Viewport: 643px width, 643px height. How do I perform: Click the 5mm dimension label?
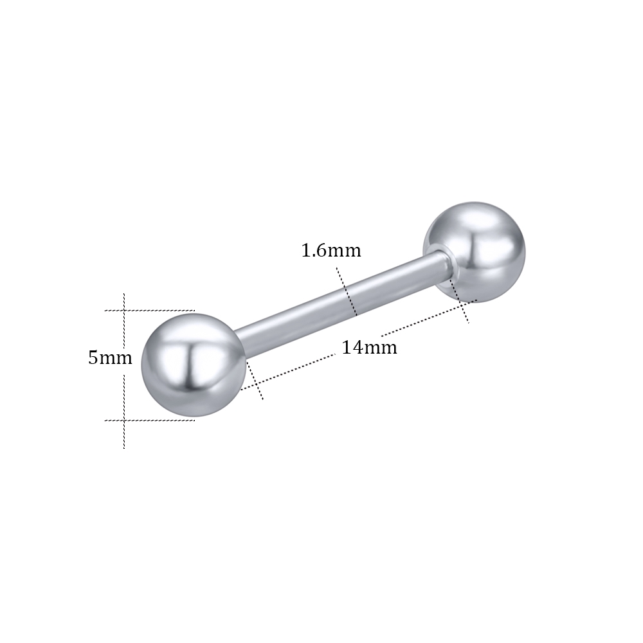(111, 358)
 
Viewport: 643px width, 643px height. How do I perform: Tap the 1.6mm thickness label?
(331, 250)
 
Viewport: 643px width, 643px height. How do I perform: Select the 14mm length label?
(370, 348)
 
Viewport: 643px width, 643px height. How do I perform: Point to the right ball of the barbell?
(475, 252)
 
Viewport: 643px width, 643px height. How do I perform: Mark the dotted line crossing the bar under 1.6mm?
(347, 291)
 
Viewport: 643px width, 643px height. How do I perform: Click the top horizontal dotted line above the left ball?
(149, 311)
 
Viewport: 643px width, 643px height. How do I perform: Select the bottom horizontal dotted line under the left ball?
(150, 420)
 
